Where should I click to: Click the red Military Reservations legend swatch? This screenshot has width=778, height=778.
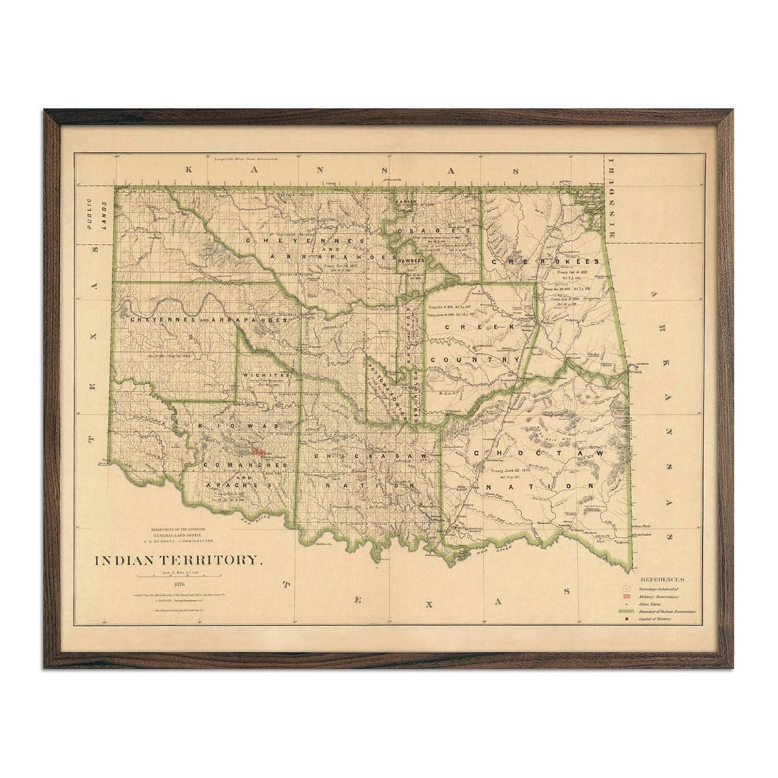[x=626, y=595]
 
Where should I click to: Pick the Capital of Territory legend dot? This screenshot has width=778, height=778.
[x=626, y=620]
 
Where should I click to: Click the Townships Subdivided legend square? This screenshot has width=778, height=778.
[x=626, y=587]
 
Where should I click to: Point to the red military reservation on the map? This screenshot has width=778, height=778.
[x=258, y=450]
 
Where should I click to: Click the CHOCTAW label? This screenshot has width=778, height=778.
[x=538, y=453]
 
